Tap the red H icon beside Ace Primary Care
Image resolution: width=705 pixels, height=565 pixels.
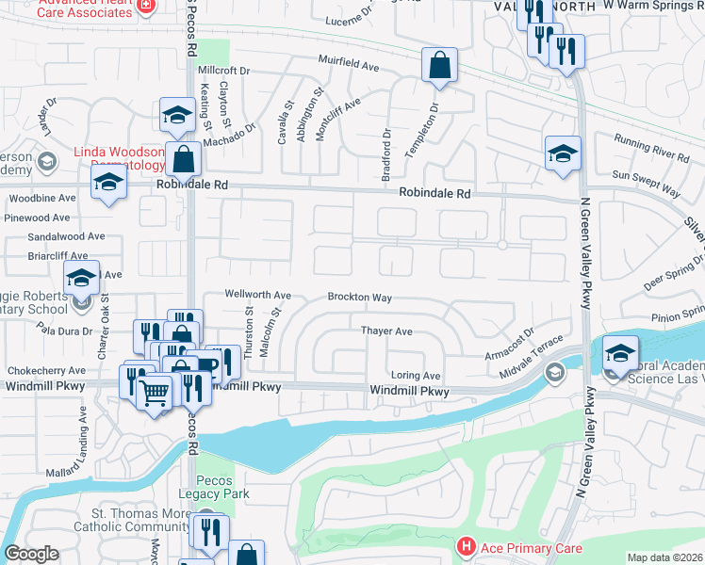[465, 547]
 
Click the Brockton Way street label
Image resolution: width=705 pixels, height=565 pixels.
[359, 297]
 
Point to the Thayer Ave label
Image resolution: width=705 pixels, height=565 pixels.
[386, 331]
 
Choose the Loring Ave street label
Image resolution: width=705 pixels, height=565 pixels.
[416, 375]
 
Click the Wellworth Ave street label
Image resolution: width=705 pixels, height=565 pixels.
[257, 295]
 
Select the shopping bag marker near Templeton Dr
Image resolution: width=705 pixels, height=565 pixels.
[439, 66]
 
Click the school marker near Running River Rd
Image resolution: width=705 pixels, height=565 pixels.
[563, 153]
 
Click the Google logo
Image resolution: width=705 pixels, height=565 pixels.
[31, 554]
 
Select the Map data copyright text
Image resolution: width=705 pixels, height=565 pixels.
[664, 557]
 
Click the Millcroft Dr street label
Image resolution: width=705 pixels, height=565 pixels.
[223, 70]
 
